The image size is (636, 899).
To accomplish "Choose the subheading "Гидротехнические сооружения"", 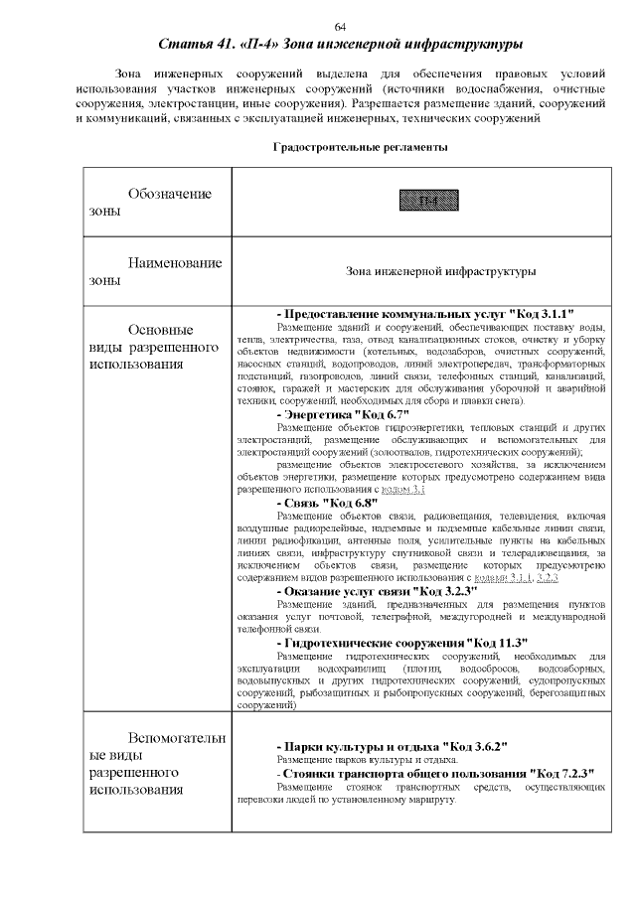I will point(401,642).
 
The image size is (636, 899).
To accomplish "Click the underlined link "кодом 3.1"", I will point(403,491).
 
